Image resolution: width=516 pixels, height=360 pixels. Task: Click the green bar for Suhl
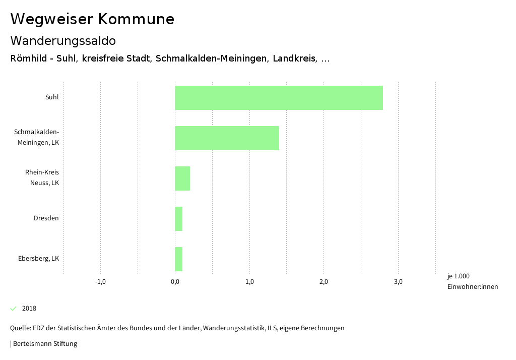click(279, 98)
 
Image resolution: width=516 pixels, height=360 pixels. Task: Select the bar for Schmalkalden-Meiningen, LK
click(227, 138)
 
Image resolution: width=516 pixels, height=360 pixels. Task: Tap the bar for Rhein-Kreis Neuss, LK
click(182, 178)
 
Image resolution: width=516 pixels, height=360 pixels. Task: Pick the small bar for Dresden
click(178, 219)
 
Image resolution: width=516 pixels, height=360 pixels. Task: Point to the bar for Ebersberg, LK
click(178, 259)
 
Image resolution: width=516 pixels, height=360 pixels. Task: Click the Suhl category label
click(52, 97)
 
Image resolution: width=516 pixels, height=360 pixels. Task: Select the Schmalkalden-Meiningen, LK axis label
click(37, 137)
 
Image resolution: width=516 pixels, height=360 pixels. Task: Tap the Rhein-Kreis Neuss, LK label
click(42, 177)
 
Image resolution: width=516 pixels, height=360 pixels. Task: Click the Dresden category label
click(46, 218)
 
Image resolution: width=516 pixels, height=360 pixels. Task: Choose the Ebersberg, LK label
click(39, 259)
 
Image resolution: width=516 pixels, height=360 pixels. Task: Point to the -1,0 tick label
click(100, 282)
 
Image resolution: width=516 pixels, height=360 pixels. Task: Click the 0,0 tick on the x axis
click(175, 282)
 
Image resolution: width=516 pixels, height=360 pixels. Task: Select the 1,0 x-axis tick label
click(249, 282)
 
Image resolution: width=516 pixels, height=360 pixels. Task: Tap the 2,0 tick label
click(324, 282)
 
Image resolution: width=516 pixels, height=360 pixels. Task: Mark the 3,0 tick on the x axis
click(398, 282)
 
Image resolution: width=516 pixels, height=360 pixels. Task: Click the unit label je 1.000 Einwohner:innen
click(472, 281)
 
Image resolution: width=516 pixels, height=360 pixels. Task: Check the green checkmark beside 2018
click(14, 309)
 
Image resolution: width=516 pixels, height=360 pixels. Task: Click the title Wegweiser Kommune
click(92, 19)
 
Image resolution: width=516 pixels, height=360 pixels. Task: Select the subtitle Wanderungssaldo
click(63, 40)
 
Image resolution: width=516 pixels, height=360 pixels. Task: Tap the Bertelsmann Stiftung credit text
click(44, 344)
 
